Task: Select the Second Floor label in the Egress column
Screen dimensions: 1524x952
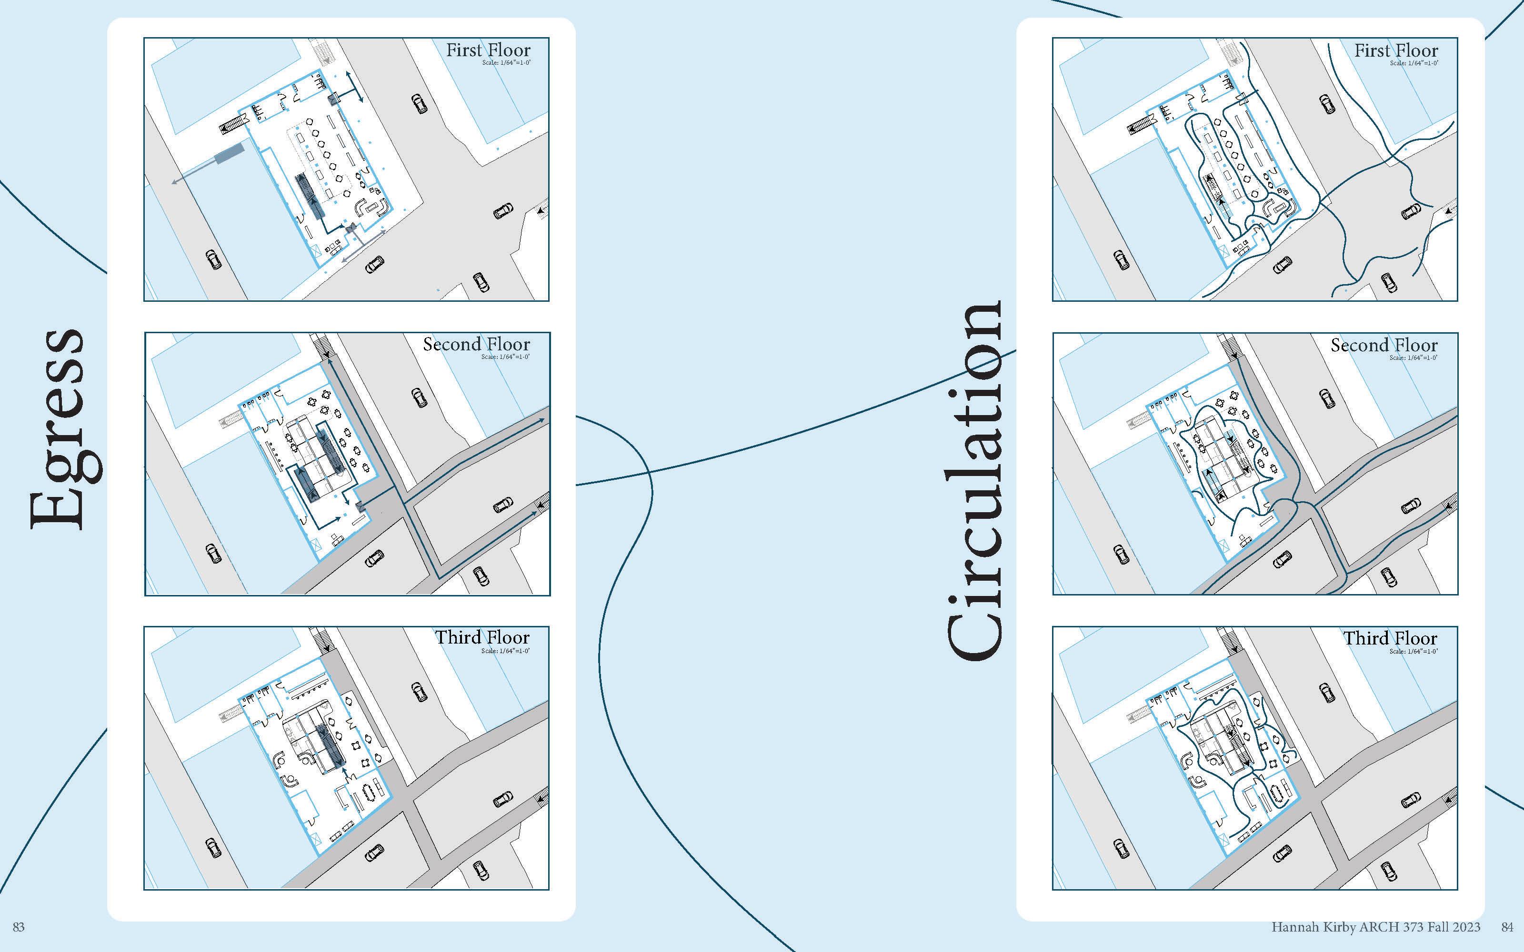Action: click(x=476, y=345)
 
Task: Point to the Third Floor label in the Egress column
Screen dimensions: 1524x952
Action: click(x=482, y=637)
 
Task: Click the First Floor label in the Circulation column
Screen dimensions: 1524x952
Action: click(x=1396, y=50)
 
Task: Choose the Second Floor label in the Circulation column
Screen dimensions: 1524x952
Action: click(x=1384, y=345)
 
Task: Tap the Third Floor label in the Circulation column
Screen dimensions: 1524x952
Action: click(x=1391, y=638)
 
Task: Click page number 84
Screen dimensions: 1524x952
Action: click(x=1507, y=927)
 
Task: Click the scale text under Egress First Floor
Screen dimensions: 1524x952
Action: click(x=506, y=63)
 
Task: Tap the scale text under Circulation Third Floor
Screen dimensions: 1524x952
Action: click(x=1414, y=651)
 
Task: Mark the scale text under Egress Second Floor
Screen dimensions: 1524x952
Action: click(x=506, y=357)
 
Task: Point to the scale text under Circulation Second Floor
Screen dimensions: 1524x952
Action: click(x=1414, y=357)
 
